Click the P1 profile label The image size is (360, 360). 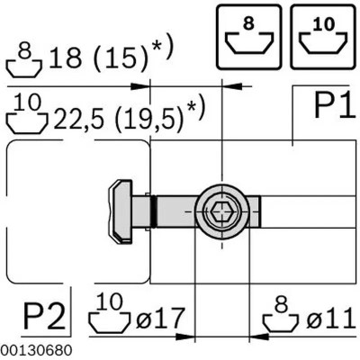(335, 105)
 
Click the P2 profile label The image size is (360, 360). (44, 317)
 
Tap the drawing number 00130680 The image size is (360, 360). (36, 350)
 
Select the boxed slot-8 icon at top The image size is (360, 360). (249, 37)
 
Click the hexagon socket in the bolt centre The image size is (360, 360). (222, 211)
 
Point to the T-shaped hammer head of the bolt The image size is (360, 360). (121, 211)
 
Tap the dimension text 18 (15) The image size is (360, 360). (98, 58)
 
